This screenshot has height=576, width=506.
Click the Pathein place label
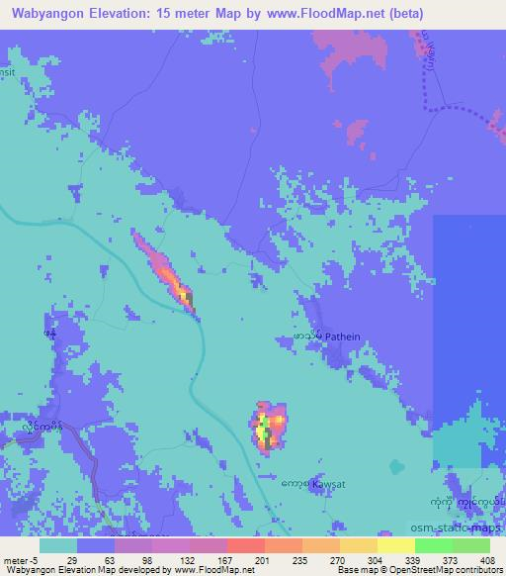click(343, 336)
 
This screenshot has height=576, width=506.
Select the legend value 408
click(488, 559)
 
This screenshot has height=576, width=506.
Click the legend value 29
click(71, 559)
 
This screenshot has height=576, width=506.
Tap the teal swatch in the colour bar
click(58, 545)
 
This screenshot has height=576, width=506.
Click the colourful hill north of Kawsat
click(268, 427)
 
